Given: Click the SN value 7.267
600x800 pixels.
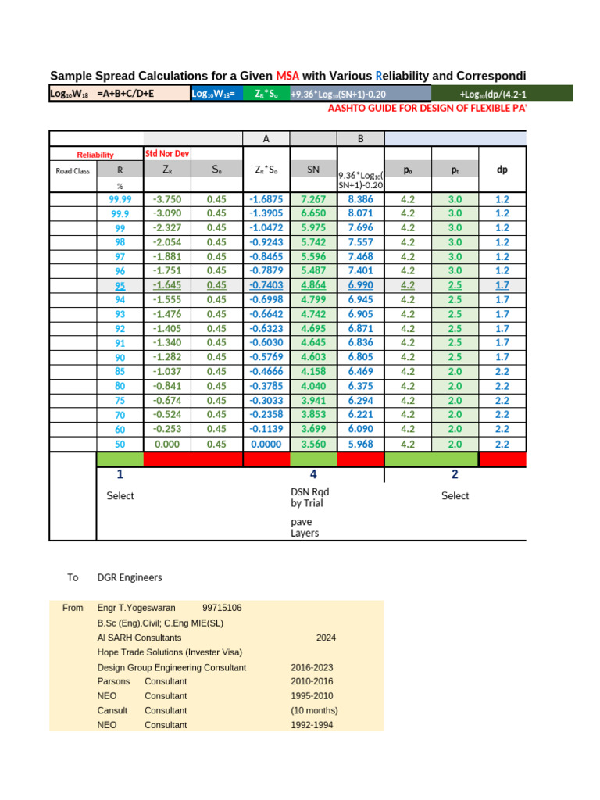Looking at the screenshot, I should coord(312,199).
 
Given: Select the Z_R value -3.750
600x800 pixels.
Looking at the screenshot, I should coord(168,199).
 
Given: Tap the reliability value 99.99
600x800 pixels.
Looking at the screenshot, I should coord(120,199).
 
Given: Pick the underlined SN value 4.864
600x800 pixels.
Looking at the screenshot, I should coord(312,285).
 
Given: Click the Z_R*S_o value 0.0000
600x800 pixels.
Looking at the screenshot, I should coord(265,444).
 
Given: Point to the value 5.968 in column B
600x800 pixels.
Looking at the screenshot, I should coord(360,444).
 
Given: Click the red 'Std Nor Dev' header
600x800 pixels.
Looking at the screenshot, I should coord(166,153).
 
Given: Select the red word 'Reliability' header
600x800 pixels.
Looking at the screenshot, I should coord(95,155).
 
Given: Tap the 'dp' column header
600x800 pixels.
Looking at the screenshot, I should coord(502,168).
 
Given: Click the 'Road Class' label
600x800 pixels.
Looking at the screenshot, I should coord(73,170).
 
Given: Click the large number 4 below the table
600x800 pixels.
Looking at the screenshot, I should coord(313,474).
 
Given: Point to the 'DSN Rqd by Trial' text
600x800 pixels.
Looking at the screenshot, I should coord(309,497).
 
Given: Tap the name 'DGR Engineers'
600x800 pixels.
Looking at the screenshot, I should coord(130,577).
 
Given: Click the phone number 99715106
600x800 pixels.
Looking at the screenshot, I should coord(222,608).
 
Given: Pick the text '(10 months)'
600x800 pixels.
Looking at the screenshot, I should coord(314,710).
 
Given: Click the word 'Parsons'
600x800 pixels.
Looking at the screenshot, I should coord(113,681).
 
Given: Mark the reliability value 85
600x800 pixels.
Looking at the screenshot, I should coord(120,371).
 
